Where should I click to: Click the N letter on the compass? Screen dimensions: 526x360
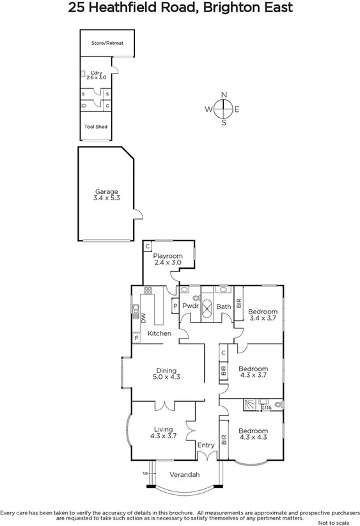point(224,95)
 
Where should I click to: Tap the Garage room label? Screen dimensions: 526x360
point(107,195)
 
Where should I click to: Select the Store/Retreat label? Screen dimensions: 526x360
point(107,44)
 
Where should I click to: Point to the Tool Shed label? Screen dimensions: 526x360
point(96,127)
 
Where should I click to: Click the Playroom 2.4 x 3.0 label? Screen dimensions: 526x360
point(168,259)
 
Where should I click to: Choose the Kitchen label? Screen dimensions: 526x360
point(159,334)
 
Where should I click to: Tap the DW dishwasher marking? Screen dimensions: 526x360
point(143,317)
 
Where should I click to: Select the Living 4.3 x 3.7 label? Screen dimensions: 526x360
point(162,433)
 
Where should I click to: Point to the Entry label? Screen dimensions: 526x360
point(206,445)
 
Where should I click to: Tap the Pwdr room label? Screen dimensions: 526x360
point(190,307)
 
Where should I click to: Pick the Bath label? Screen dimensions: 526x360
point(223,307)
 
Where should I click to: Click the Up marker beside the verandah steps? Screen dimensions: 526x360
point(145,474)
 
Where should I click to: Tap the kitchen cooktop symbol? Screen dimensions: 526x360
point(148,291)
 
